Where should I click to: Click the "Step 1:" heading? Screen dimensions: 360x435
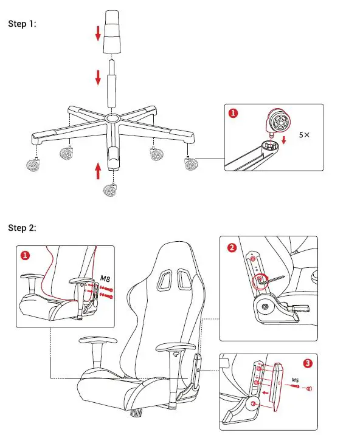pos(22,24)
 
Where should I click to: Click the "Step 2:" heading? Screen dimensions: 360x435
pos(22,228)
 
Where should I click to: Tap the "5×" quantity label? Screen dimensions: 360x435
pos(304,135)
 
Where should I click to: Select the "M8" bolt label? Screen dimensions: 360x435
pos(105,278)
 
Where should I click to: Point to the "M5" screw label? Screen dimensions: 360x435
pos(295,380)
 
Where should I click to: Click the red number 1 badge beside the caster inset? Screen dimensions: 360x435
pos(233,113)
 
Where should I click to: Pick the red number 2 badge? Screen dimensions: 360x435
pos(232,247)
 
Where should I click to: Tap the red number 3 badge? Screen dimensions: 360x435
pos(308,363)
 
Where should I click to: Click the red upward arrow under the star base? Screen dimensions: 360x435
pos(98,171)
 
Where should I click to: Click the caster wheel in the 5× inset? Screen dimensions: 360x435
pos(279,122)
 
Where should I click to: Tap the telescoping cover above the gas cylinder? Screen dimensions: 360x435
pos(112,32)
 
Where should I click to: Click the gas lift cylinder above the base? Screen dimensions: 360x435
pos(112,84)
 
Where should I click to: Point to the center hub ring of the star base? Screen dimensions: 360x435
pos(112,118)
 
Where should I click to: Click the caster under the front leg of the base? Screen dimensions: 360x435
pos(110,190)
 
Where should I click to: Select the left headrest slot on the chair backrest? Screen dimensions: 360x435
pos(164,279)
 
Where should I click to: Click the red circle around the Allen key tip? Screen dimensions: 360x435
pos(260,281)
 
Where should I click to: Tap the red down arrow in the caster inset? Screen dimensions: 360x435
pos(283,140)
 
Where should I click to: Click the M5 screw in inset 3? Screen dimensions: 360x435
pos(294,386)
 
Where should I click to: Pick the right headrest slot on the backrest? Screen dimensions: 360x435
pos(184,279)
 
